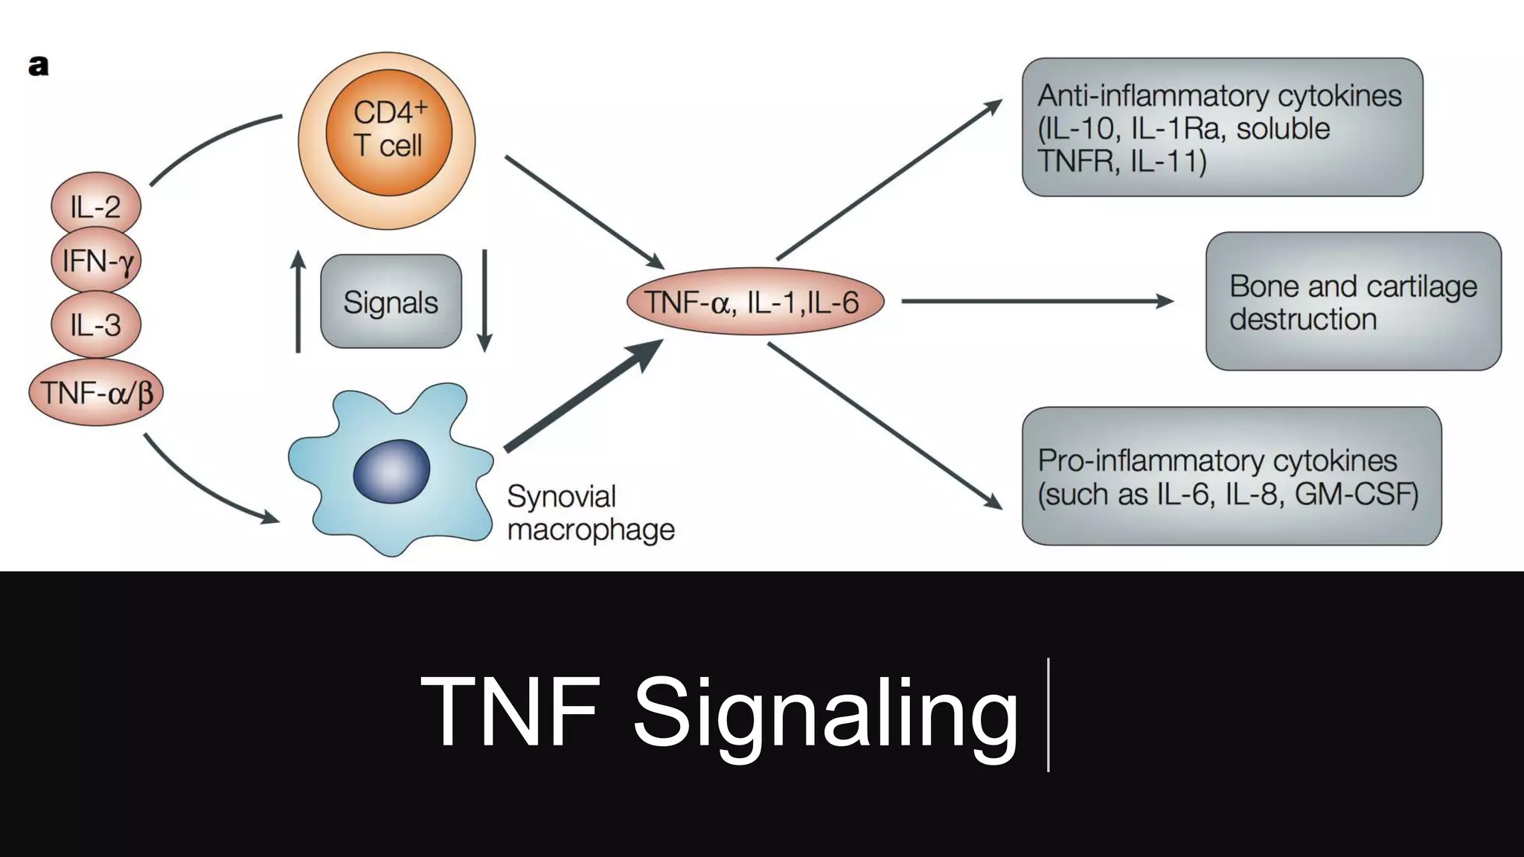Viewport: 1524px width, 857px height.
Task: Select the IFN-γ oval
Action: pyautogui.click(x=96, y=260)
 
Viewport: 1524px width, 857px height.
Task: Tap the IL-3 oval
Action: pyautogui.click(x=96, y=324)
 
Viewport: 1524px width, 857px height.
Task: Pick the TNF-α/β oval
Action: pyautogui.click(x=96, y=392)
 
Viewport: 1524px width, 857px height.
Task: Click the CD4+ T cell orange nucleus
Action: pyautogui.click(x=388, y=132)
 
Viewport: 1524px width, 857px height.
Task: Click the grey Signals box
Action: pyautogui.click(x=391, y=301)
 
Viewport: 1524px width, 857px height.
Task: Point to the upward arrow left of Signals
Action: pyautogui.click(x=298, y=301)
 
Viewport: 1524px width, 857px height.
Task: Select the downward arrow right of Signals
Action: pyautogui.click(x=484, y=301)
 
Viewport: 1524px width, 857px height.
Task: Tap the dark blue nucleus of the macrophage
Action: pyautogui.click(x=391, y=471)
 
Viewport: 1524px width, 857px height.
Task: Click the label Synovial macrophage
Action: pyautogui.click(x=591, y=513)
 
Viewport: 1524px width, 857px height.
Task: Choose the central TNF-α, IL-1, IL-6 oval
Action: pyautogui.click(x=755, y=301)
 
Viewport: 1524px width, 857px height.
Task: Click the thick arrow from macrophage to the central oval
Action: pyautogui.click(x=584, y=394)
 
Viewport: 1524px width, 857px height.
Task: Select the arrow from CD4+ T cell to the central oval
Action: pyautogui.click(x=585, y=213)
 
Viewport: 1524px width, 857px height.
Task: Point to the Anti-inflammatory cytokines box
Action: pyautogui.click(x=1222, y=127)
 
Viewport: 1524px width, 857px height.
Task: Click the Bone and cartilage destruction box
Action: pyautogui.click(x=1354, y=301)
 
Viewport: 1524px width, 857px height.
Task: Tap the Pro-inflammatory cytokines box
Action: pyautogui.click(x=1232, y=476)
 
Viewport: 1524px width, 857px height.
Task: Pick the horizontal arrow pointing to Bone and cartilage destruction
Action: pyautogui.click(x=1038, y=301)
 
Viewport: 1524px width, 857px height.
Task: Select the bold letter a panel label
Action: pyautogui.click(x=38, y=66)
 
